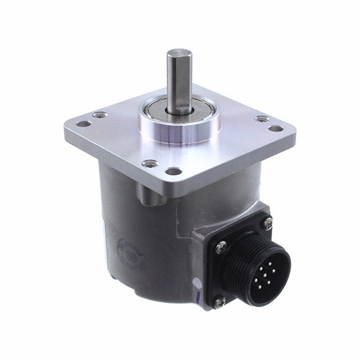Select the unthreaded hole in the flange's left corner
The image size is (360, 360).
[x=83, y=124]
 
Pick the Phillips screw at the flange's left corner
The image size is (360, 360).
[x=100, y=115]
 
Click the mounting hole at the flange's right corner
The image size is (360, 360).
[x=276, y=128]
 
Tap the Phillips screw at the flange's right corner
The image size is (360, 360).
[x=262, y=119]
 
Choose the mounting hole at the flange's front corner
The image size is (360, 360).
[x=174, y=170]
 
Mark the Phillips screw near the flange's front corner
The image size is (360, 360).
[x=150, y=164]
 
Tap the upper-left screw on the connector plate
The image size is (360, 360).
[x=221, y=245]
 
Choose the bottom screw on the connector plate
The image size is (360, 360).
[x=218, y=302]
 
